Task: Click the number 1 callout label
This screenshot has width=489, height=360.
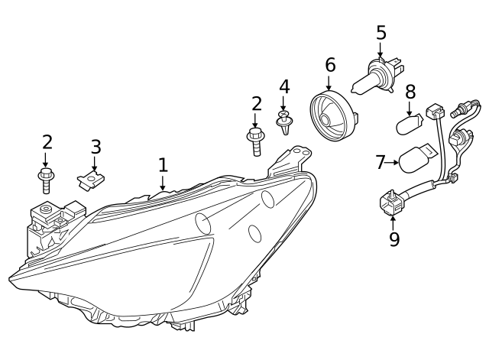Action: coord(162,164)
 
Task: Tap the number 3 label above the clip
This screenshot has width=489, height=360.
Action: coord(96,146)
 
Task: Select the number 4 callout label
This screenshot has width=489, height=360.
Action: coord(284,86)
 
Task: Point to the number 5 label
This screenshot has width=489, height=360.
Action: coord(381,33)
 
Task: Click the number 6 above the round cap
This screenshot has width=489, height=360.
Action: coord(330,65)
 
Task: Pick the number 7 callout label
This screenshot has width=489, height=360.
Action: coord(381,161)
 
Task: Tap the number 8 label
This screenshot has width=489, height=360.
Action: coord(410,92)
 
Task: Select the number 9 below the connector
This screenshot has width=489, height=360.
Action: coord(393,239)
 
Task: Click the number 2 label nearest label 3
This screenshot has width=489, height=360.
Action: coord(47,141)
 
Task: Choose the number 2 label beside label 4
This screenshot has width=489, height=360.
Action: coord(256,103)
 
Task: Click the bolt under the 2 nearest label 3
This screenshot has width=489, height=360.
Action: coord(46,181)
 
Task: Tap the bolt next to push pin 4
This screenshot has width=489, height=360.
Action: coord(255,141)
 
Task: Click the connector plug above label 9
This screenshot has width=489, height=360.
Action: coord(392,202)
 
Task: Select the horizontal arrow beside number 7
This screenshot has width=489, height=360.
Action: coord(394,161)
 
